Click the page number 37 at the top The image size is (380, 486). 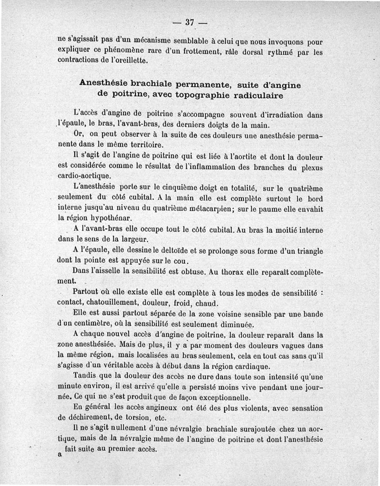click(190, 22)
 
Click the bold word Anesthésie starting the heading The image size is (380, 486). click(106, 83)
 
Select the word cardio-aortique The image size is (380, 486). click(81, 175)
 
